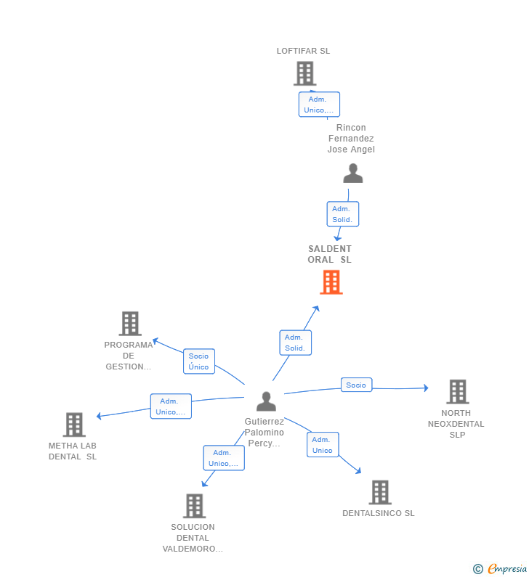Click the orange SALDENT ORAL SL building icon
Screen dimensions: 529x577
pyautogui.click(x=331, y=282)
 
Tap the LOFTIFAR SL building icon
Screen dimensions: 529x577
pyautogui.click(x=305, y=73)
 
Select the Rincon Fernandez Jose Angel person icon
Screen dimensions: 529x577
pyautogui.click(x=353, y=173)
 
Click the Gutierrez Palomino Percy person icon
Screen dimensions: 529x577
pyautogui.click(x=266, y=401)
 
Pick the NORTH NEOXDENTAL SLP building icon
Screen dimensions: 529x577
pyautogui.click(x=458, y=391)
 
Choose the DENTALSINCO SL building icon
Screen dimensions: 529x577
pyautogui.click(x=380, y=492)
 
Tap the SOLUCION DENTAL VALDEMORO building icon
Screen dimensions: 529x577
pyautogui.click(x=194, y=506)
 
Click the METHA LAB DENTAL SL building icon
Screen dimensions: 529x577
pyautogui.click(x=74, y=425)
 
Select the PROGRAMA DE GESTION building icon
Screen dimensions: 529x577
pyautogui.click(x=130, y=324)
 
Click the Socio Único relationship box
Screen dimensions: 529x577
pyautogui.click(x=199, y=361)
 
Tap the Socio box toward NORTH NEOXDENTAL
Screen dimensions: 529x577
pyautogui.click(x=356, y=385)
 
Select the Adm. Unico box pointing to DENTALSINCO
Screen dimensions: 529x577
pyautogui.click(x=323, y=444)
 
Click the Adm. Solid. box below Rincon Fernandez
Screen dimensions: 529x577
pyautogui.click(x=342, y=214)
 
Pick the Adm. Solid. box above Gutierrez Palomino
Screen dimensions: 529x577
pyautogui.click(x=296, y=343)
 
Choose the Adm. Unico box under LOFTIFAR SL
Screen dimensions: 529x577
pyautogui.click(x=319, y=105)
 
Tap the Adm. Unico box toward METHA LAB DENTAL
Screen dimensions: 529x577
pyautogui.click(x=171, y=406)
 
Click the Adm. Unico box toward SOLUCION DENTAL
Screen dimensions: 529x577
pyautogui.click(x=224, y=458)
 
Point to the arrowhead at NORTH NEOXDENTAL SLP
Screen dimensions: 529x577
pyautogui.click(x=427, y=388)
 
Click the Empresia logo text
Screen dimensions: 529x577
pyautogui.click(x=507, y=568)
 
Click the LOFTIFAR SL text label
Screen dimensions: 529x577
pyautogui.click(x=303, y=51)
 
